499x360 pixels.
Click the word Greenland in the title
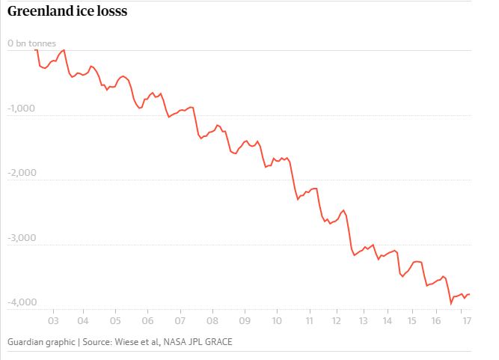click(39, 13)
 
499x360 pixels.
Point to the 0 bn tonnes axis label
click(31, 44)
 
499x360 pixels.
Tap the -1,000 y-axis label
click(21, 109)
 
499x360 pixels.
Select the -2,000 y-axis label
click(21, 174)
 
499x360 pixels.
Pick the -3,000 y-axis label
click(21, 238)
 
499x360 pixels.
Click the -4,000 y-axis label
click(21, 302)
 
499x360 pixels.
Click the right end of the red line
click(469, 294)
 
